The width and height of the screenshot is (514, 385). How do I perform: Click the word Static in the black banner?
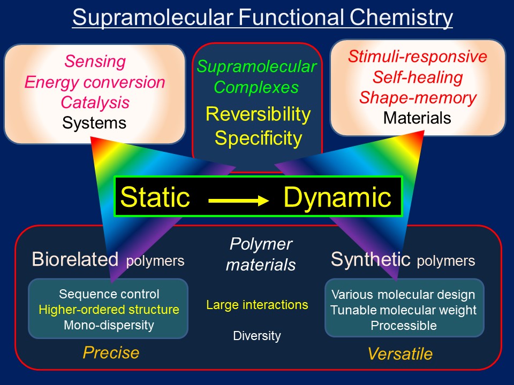pyautogui.click(x=155, y=197)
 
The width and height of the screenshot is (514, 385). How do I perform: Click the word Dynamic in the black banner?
pyautogui.click(x=337, y=197)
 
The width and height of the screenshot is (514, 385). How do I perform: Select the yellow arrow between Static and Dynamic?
pyautogui.click(x=238, y=201)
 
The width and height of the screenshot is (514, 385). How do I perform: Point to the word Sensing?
pyautogui.click(x=95, y=61)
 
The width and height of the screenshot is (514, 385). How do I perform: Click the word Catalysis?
pyautogui.click(x=95, y=102)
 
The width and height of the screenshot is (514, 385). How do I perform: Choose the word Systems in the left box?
pyautogui.click(x=95, y=123)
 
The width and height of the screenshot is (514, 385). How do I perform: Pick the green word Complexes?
pyautogui.click(x=256, y=87)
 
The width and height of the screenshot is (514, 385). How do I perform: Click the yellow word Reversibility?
pyautogui.click(x=258, y=114)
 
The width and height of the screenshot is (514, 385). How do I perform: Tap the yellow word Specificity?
pyautogui.click(x=258, y=138)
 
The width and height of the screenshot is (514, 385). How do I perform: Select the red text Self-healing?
pyautogui.click(x=418, y=78)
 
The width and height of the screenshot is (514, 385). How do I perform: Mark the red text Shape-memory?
pyautogui.click(x=418, y=98)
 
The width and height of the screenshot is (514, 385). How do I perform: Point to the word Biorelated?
pyautogui.click(x=75, y=259)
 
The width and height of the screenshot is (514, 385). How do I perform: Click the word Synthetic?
pyautogui.click(x=370, y=259)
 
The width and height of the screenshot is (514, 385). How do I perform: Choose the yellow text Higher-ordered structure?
pyautogui.click(x=109, y=310)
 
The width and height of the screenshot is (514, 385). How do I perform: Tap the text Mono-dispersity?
pyautogui.click(x=109, y=325)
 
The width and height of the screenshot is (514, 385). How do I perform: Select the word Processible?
pyautogui.click(x=404, y=325)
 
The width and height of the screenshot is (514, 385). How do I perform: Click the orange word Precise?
pyautogui.click(x=111, y=353)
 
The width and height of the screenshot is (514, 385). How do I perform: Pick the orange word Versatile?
pyautogui.click(x=400, y=354)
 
